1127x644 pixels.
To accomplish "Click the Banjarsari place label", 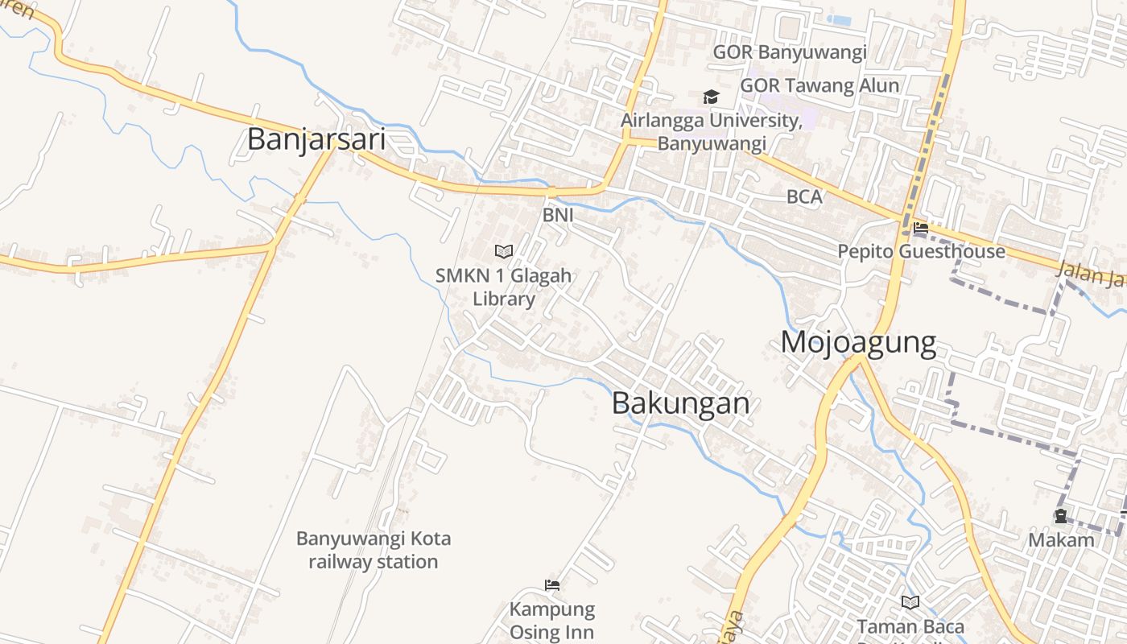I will tap(316, 139).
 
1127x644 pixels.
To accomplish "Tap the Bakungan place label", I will tap(681, 402).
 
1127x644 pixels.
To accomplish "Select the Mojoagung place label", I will tap(858, 343).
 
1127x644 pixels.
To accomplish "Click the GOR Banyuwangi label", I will tap(790, 53).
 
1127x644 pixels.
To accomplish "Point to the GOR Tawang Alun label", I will tap(819, 85).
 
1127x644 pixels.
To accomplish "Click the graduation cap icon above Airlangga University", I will tap(711, 97).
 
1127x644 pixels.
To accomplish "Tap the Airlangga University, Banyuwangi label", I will tap(712, 132).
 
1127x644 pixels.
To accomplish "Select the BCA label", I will tap(804, 196).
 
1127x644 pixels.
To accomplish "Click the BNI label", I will tap(558, 215).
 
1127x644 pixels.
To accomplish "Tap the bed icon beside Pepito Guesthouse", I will tap(921, 228).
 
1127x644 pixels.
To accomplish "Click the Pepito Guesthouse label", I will tap(921, 251).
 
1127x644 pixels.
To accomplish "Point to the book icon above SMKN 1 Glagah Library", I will tap(504, 251).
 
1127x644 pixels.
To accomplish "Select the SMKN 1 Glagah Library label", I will tap(504, 287).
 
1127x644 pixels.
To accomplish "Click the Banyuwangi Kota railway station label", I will tap(374, 550).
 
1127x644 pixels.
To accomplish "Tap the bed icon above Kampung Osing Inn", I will tap(552, 585).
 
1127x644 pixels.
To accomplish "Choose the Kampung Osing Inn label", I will tap(552, 621).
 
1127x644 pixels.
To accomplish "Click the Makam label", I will tap(1061, 539).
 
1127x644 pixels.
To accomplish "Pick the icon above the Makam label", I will tap(1061, 516).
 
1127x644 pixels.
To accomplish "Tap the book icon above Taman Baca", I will tap(910, 602).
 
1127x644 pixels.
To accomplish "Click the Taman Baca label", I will tap(910, 626).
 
